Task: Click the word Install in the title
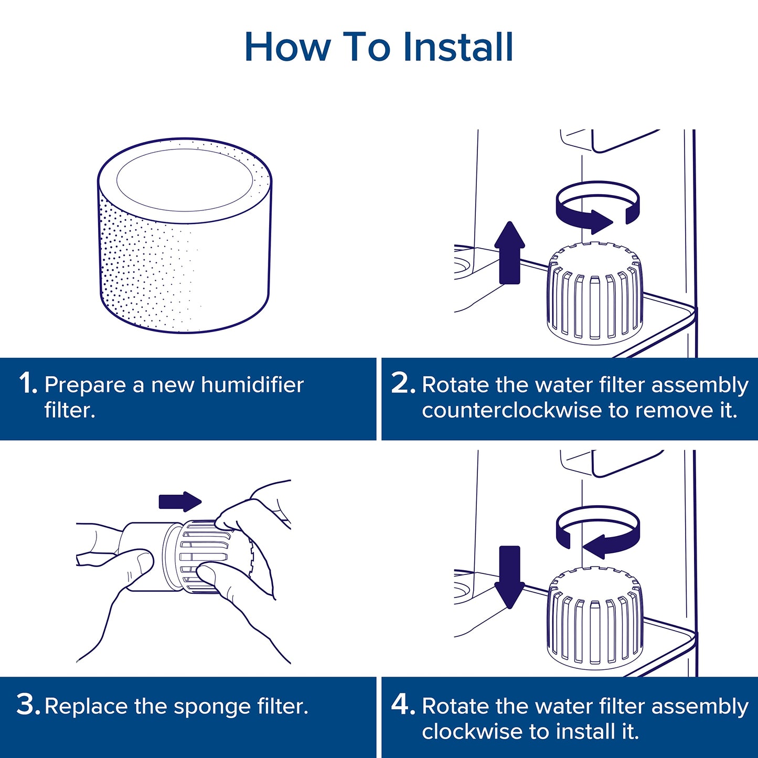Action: [x=458, y=47]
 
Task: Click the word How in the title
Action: [x=287, y=47]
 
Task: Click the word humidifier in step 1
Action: [x=252, y=385]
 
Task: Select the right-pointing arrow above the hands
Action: [x=180, y=501]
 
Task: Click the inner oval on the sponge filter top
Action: [x=185, y=179]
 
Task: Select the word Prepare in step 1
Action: [x=86, y=385]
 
